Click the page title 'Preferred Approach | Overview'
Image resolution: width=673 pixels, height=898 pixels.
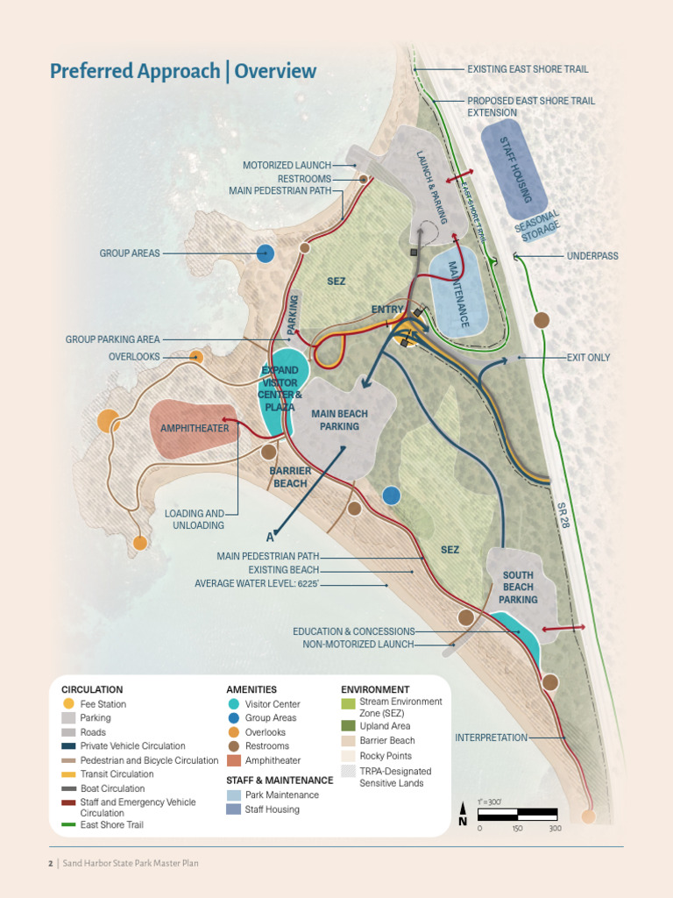point(183,71)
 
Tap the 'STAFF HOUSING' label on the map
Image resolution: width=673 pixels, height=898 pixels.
point(514,169)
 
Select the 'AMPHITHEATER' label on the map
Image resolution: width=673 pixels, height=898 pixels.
point(194,429)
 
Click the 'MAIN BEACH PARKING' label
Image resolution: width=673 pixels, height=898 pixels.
point(339,420)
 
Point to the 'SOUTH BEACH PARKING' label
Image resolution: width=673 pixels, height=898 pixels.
point(518,588)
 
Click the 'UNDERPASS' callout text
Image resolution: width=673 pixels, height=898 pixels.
point(592,256)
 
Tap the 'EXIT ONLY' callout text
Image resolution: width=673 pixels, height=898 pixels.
point(588,358)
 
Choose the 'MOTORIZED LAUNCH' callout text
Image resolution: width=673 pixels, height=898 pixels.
point(287,165)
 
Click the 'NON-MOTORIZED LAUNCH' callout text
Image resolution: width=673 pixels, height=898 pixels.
point(358,645)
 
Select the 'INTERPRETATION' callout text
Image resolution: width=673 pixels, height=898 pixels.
point(491,738)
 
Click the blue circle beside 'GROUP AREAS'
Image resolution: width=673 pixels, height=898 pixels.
point(266,253)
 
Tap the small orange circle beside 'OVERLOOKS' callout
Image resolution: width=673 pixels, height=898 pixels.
point(196,357)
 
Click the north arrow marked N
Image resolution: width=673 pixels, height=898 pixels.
point(463,816)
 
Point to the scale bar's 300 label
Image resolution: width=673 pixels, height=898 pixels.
point(555,829)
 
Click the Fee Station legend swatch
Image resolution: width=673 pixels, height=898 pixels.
point(68,704)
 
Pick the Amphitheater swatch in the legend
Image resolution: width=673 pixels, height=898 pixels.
point(233,760)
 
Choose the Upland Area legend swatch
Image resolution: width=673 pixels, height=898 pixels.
point(349,726)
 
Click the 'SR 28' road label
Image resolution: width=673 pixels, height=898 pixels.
point(563,515)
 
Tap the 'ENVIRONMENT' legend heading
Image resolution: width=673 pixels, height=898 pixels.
point(375,690)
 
